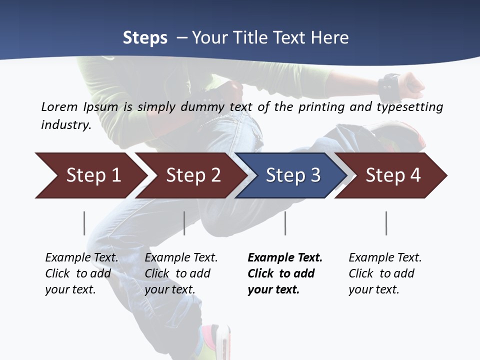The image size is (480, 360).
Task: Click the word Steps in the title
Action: (145, 38)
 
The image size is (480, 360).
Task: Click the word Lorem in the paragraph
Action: (59, 106)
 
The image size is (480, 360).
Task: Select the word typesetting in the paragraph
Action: (413, 107)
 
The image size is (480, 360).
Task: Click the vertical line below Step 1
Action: (84, 223)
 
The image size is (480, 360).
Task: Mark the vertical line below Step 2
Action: (184, 223)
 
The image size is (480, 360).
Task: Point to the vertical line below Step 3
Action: (285, 223)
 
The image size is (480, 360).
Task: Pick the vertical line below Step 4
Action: (386, 223)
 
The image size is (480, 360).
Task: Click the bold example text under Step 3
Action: (284, 273)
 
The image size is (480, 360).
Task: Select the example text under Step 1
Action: (81, 273)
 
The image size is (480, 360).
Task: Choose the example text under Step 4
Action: (385, 273)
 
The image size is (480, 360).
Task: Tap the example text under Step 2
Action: (181, 273)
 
